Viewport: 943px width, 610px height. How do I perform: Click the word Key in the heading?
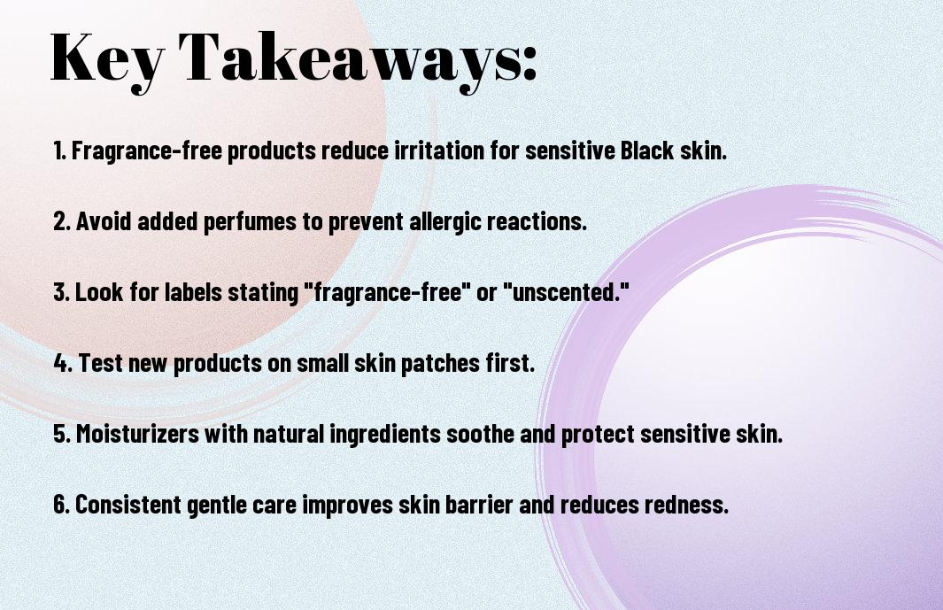107,59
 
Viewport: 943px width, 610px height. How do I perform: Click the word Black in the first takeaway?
646,150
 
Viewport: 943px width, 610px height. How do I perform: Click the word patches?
440,363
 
